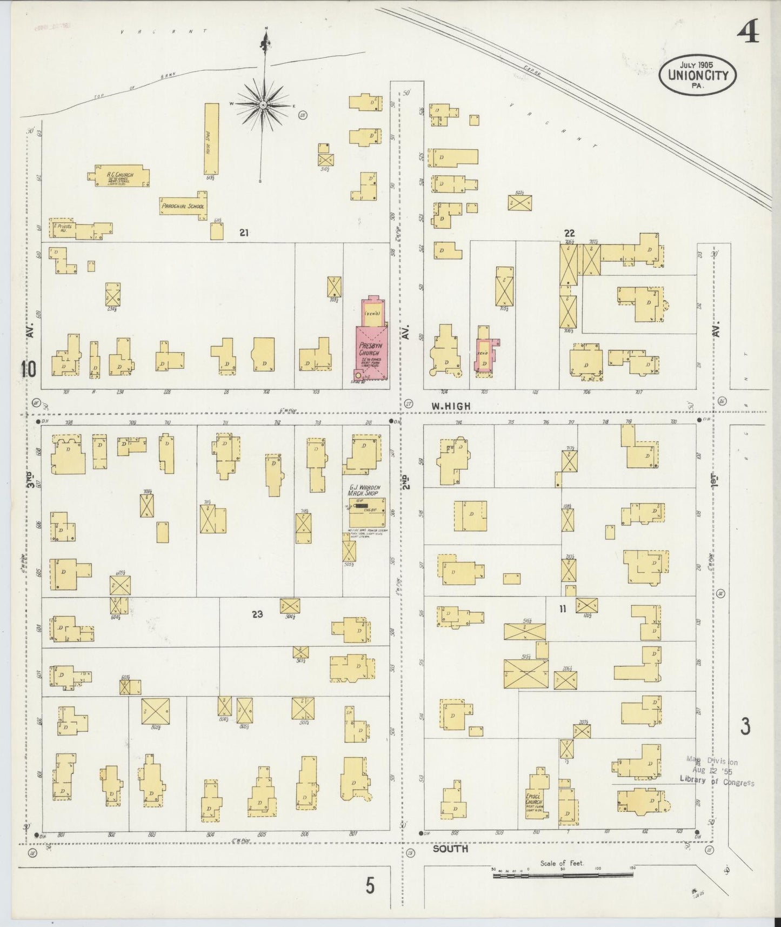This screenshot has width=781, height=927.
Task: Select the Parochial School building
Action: [x=183, y=206]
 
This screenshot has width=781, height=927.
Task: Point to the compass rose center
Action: [x=263, y=104]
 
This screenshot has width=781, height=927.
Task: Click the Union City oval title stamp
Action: [x=698, y=75]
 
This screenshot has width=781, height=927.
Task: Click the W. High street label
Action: [x=450, y=406]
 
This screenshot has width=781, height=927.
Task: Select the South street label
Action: [x=450, y=849]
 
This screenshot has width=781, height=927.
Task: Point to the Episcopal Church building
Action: [x=536, y=799]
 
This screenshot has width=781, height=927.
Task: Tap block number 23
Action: [x=257, y=614]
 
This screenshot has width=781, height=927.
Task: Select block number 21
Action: [x=244, y=233]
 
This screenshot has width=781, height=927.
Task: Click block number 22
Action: [x=569, y=233]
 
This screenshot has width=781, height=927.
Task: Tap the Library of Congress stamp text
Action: [x=717, y=782]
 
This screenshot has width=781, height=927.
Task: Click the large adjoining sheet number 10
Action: [x=28, y=369]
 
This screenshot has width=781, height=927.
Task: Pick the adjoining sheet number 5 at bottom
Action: [x=370, y=885]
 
